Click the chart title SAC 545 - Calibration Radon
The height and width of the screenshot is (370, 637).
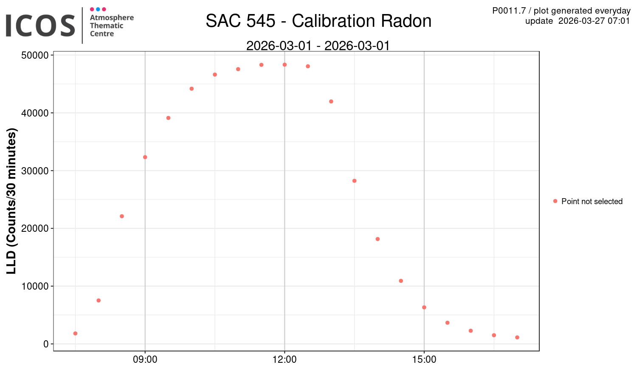pos(318,21)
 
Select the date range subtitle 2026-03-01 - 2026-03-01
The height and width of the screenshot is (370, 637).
pos(318,46)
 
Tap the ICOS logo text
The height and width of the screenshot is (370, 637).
pos(40,26)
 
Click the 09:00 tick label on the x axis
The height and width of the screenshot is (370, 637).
pos(145,360)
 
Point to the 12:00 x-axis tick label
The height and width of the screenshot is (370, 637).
pos(285,360)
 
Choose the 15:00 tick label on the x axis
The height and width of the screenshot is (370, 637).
pos(424,360)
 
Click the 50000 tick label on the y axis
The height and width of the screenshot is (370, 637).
pos(34,55)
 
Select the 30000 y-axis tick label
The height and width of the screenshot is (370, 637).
pos(34,171)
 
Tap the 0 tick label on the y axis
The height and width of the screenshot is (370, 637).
pos(46,344)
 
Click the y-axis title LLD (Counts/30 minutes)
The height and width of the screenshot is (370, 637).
pos(11,201)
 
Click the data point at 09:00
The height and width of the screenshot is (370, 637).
pos(145,157)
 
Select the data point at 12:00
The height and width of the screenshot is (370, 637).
pos(285,65)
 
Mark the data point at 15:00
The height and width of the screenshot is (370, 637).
pos(424,307)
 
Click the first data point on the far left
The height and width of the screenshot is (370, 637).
pos(75,333)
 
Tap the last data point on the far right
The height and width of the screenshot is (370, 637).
pos(517,337)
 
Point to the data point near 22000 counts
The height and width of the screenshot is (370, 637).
pos(122,216)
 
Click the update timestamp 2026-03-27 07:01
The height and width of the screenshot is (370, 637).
pos(594,21)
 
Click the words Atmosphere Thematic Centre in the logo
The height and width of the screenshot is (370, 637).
pos(111,26)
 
